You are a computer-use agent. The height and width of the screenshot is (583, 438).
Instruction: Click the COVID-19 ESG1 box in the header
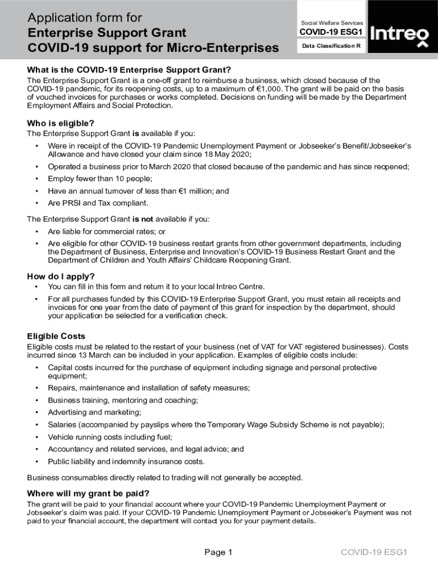(331, 32)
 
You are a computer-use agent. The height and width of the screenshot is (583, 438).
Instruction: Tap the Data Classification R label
(331, 46)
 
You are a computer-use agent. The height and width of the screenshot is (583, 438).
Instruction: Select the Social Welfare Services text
(332, 23)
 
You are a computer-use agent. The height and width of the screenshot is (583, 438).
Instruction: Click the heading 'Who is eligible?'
(60, 123)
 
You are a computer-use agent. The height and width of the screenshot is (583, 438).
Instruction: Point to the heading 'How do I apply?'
(60, 277)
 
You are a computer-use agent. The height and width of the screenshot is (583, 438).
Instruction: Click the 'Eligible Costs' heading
(56, 336)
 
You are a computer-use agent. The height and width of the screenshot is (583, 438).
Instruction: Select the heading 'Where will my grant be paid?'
(88, 493)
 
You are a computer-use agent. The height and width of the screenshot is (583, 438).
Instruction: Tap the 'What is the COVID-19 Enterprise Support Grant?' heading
(129, 70)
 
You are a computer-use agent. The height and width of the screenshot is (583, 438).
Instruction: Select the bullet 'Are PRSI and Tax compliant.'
(98, 203)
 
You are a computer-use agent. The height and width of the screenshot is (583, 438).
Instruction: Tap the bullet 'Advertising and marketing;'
(94, 412)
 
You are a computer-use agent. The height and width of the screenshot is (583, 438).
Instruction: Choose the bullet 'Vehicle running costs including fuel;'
(110, 437)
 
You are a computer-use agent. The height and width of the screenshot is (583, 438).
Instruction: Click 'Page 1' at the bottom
(218, 552)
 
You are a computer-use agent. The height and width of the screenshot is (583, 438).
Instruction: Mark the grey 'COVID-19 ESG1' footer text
(374, 552)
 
